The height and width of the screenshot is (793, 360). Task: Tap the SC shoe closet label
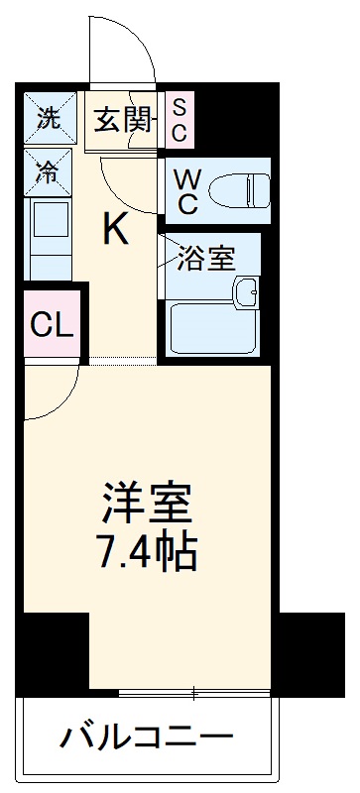pyautogui.click(x=180, y=118)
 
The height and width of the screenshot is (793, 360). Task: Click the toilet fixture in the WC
pyautogui.click(x=243, y=185)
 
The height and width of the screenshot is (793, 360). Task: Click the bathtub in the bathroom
pyautogui.click(x=213, y=328)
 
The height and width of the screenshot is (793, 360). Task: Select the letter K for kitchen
pyautogui.click(x=116, y=230)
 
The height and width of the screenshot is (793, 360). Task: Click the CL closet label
pyautogui.click(x=51, y=324)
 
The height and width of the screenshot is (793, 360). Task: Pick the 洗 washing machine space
pyautogui.click(x=49, y=118)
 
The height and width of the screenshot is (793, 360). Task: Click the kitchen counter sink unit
pyautogui.click(x=48, y=238)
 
